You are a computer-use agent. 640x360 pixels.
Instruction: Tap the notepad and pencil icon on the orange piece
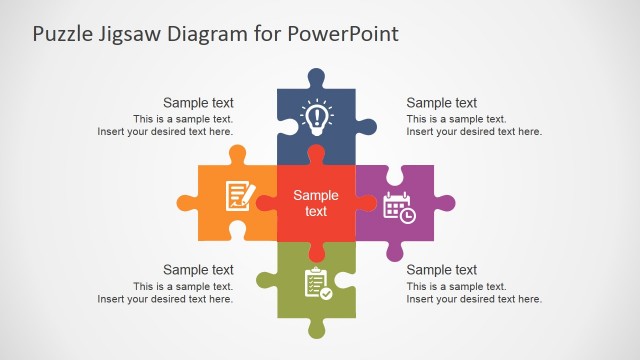click(x=238, y=194)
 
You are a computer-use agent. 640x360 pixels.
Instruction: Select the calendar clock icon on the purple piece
click(x=399, y=207)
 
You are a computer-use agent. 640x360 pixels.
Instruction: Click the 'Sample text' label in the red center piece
click(x=316, y=203)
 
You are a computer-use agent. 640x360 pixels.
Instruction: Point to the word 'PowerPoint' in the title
click(x=343, y=34)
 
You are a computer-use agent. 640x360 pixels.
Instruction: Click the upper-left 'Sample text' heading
click(x=198, y=102)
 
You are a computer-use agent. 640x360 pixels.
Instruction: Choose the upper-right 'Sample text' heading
click(x=442, y=102)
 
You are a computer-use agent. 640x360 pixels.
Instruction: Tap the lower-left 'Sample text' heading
click(x=198, y=269)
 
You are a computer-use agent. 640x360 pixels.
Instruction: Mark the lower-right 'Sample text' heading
click(x=442, y=269)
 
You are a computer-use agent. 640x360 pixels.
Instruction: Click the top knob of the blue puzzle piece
click(x=317, y=78)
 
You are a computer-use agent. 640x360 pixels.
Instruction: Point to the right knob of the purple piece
click(x=445, y=203)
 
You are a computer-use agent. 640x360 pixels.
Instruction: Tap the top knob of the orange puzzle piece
click(x=237, y=155)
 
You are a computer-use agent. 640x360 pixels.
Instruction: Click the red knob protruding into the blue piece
click(x=317, y=155)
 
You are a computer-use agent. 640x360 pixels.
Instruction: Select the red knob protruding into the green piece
click(x=317, y=251)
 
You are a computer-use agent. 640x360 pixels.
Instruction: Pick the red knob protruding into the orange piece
click(x=266, y=203)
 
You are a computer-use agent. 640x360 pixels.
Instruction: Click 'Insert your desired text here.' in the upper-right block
click(x=474, y=131)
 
